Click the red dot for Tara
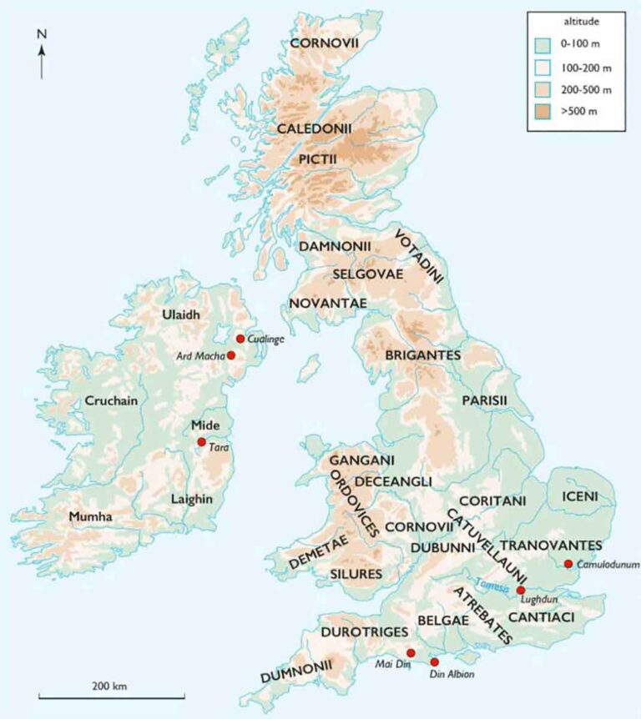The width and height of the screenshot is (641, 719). point(201,442)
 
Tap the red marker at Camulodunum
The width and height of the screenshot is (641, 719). point(568,564)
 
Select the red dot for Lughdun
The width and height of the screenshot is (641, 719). point(521,590)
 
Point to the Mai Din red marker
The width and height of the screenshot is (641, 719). point(411,652)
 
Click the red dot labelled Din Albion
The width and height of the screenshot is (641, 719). point(434,661)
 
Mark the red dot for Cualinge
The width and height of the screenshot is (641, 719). point(240,339)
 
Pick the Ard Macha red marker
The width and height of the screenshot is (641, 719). point(231,355)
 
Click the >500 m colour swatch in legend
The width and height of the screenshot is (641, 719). point(543,111)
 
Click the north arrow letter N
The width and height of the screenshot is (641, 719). point(41,34)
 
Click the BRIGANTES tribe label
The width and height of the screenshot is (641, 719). point(422,355)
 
